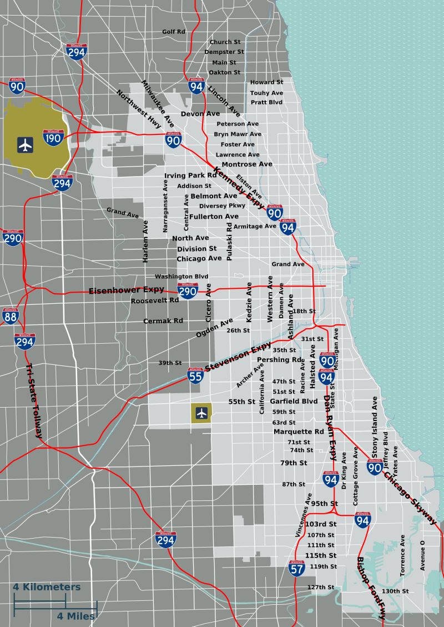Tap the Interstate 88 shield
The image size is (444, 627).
click(x=10, y=316)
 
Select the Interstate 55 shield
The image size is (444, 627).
click(x=195, y=376)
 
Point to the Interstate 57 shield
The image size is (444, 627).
click(x=297, y=568)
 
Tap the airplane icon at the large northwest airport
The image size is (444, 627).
click(x=25, y=145)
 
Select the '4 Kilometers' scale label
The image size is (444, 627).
click(x=47, y=587)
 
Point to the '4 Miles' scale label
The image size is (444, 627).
click(x=75, y=616)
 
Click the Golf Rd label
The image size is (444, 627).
click(x=174, y=32)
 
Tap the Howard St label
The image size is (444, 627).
click(x=266, y=82)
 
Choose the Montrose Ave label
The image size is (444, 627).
click(x=247, y=164)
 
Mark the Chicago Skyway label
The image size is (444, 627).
click(x=411, y=499)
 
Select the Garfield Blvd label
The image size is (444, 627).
click(x=294, y=401)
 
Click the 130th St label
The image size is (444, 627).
click(x=395, y=591)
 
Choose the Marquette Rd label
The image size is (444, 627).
click(x=299, y=432)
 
